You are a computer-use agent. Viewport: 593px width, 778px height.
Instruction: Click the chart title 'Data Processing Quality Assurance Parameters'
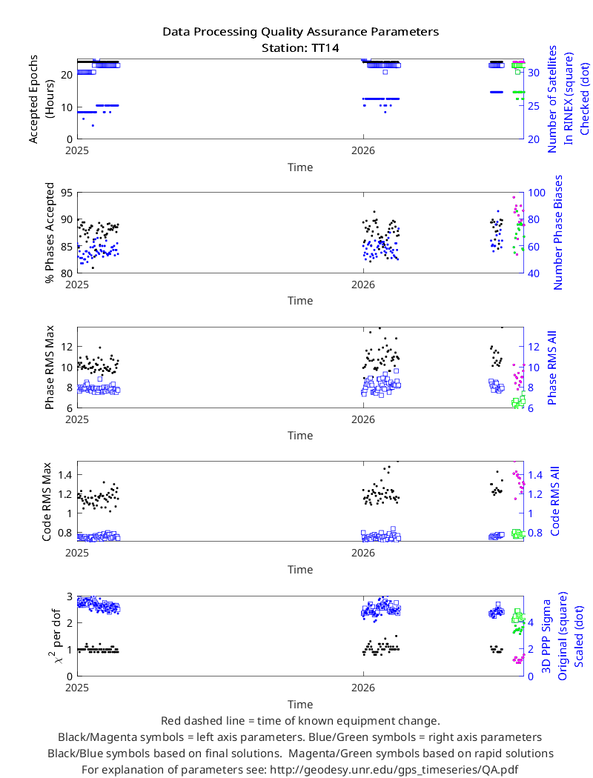click(x=300, y=32)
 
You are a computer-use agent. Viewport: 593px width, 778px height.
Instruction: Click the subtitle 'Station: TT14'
click(x=300, y=48)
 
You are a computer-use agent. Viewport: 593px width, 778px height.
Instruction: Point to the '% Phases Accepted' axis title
click(x=49, y=233)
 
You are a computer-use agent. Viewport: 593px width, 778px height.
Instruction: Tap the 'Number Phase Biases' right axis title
click(x=557, y=232)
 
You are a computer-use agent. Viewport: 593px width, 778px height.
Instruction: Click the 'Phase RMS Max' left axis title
click(x=49, y=368)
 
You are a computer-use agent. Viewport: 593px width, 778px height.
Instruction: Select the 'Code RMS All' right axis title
click(x=554, y=501)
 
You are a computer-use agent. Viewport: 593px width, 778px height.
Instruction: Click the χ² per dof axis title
click(x=55, y=636)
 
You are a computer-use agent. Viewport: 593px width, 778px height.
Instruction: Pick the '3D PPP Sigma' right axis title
click(x=546, y=636)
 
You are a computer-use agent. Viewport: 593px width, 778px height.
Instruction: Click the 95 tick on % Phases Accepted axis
click(x=66, y=193)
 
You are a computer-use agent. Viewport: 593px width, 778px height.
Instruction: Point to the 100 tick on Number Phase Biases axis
click(x=536, y=193)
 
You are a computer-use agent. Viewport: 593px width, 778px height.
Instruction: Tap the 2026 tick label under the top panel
click(x=363, y=151)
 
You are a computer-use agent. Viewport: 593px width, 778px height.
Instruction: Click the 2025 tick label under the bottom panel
click(x=77, y=688)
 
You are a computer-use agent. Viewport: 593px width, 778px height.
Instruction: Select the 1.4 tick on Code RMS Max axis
click(x=65, y=475)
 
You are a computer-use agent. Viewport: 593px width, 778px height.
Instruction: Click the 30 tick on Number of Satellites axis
click(x=534, y=73)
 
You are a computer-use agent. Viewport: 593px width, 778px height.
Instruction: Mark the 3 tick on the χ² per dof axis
click(x=70, y=596)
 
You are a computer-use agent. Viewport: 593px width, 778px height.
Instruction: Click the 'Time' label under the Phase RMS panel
click(x=300, y=436)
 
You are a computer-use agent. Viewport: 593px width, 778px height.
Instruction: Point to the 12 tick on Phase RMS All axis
click(x=534, y=347)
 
